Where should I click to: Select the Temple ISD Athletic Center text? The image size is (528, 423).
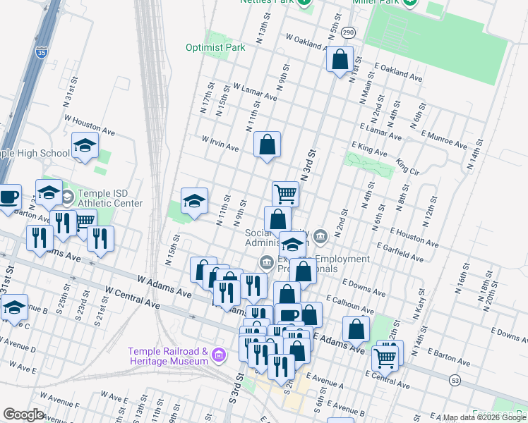(x=109, y=198)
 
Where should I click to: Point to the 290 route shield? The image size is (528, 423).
(x=347, y=32)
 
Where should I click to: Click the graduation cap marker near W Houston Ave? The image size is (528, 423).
(x=85, y=147)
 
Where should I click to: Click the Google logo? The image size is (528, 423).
(x=24, y=415)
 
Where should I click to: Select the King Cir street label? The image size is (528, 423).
(x=407, y=166)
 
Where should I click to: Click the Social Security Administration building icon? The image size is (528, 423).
(x=320, y=235)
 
